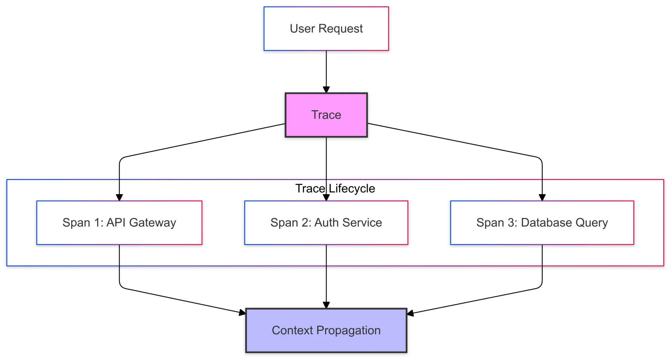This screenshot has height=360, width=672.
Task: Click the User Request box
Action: (x=326, y=29)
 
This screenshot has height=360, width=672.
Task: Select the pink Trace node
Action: (x=326, y=115)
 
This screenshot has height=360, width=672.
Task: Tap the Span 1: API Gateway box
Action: (x=119, y=223)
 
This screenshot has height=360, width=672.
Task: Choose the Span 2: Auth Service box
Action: (x=326, y=223)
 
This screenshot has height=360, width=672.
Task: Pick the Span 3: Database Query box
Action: (x=542, y=223)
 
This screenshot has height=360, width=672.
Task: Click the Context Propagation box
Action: (x=326, y=330)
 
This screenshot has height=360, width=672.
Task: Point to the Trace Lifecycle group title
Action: (x=335, y=188)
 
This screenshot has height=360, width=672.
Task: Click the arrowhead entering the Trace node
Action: (x=326, y=90)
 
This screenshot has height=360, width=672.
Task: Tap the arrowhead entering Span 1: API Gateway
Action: (x=119, y=197)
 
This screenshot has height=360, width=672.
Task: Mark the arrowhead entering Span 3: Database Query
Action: (x=542, y=197)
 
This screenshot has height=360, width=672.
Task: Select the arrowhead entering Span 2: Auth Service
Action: (x=326, y=197)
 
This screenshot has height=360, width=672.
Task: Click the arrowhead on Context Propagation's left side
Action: (x=242, y=313)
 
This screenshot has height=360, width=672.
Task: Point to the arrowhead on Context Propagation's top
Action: (x=326, y=305)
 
